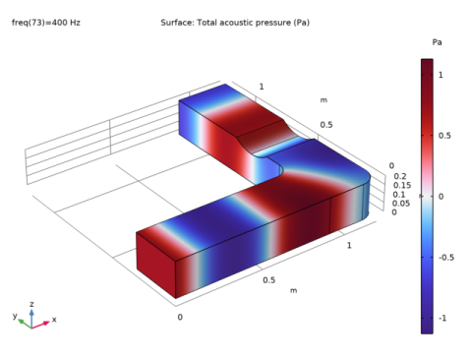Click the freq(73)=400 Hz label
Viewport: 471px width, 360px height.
click(x=46, y=23)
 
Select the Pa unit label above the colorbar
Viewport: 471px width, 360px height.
click(x=437, y=42)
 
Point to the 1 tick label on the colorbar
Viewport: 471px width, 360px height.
click(x=441, y=75)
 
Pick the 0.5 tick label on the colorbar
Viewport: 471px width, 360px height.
click(x=444, y=136)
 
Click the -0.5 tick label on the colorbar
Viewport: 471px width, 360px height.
click(x=446, y=258)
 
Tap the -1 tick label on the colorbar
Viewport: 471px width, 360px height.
click(x=442, y=318)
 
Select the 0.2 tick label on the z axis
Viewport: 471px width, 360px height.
click(x=399, y=176)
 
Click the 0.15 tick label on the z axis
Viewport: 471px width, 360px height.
click(x=402, y=185)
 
